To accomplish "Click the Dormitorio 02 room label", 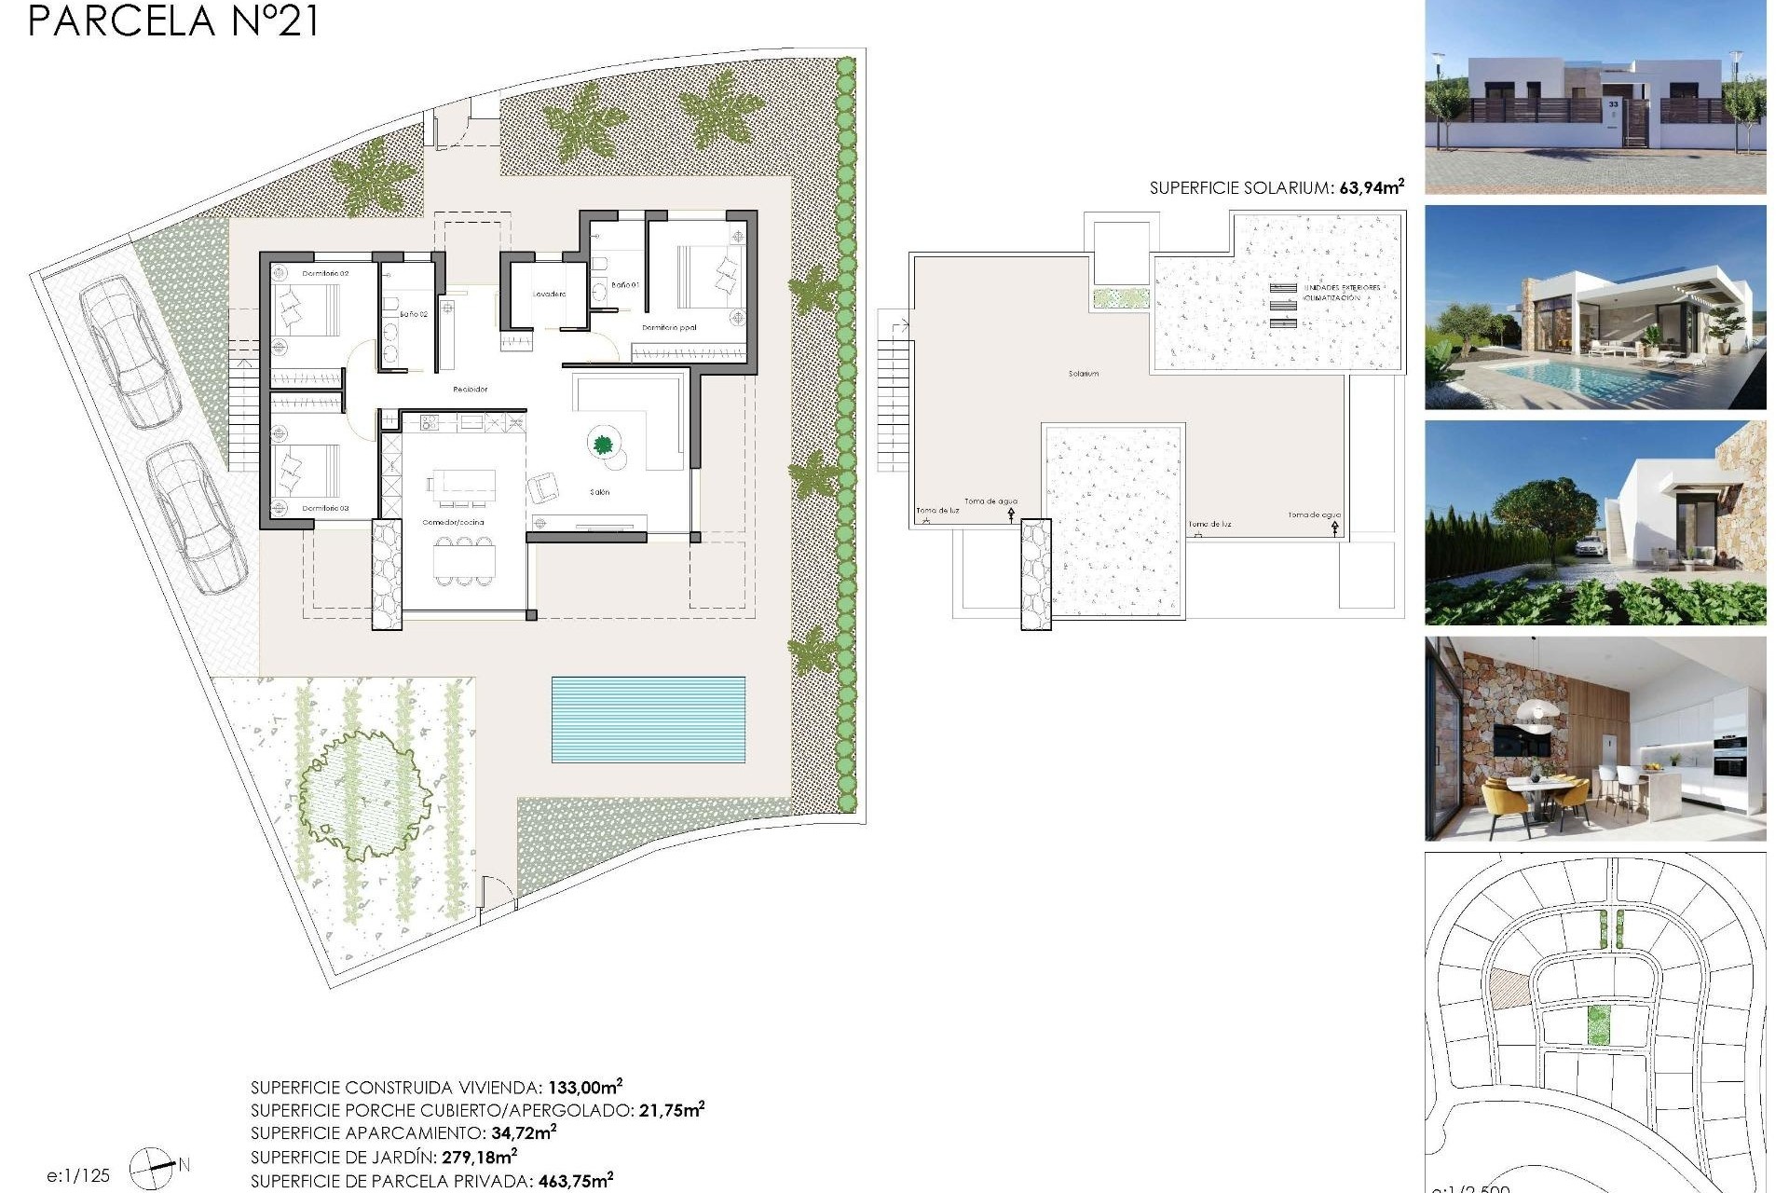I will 325,273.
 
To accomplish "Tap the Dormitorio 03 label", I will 325,509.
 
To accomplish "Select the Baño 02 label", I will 414,315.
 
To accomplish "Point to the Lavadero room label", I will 549,295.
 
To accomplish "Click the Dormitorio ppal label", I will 669,328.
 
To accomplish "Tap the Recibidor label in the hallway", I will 470,390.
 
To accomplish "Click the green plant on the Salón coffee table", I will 603,444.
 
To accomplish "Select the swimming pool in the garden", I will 648,719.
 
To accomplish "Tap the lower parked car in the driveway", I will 198,517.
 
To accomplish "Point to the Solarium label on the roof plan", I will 1083,374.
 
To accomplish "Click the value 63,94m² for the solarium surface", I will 1372,187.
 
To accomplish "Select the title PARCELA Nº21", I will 173,21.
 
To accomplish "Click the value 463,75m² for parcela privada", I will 575,1181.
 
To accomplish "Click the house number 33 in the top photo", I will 1614,104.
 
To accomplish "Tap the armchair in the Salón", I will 543,487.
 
